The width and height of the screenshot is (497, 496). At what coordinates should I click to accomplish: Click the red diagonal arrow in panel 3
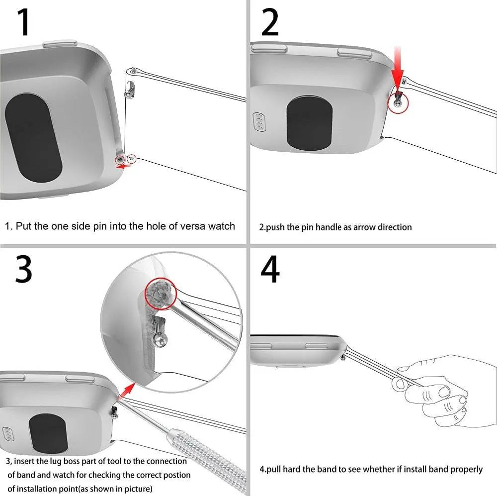point(128,390)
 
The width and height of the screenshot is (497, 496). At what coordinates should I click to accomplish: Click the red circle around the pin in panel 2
point(398,102)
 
